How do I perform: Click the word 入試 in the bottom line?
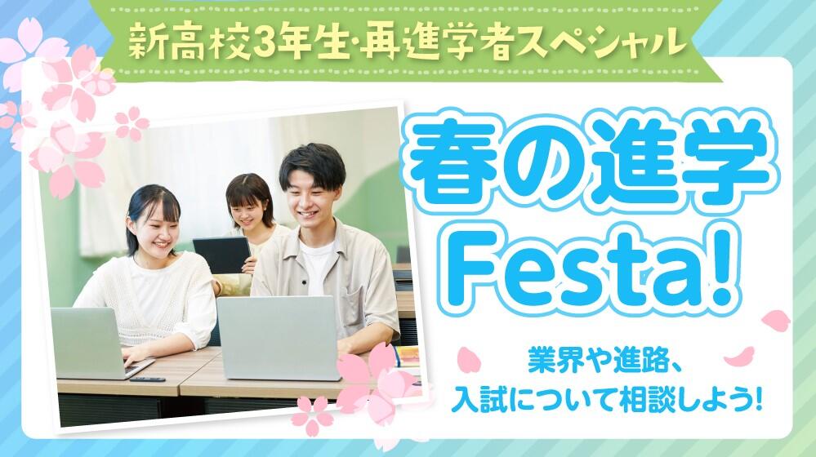pyautogui.click(x=475, y=400)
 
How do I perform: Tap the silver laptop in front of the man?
pyautogui.click(x=279, y=337)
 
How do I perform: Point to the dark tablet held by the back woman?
pyautogui.click(x=222, y=255)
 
